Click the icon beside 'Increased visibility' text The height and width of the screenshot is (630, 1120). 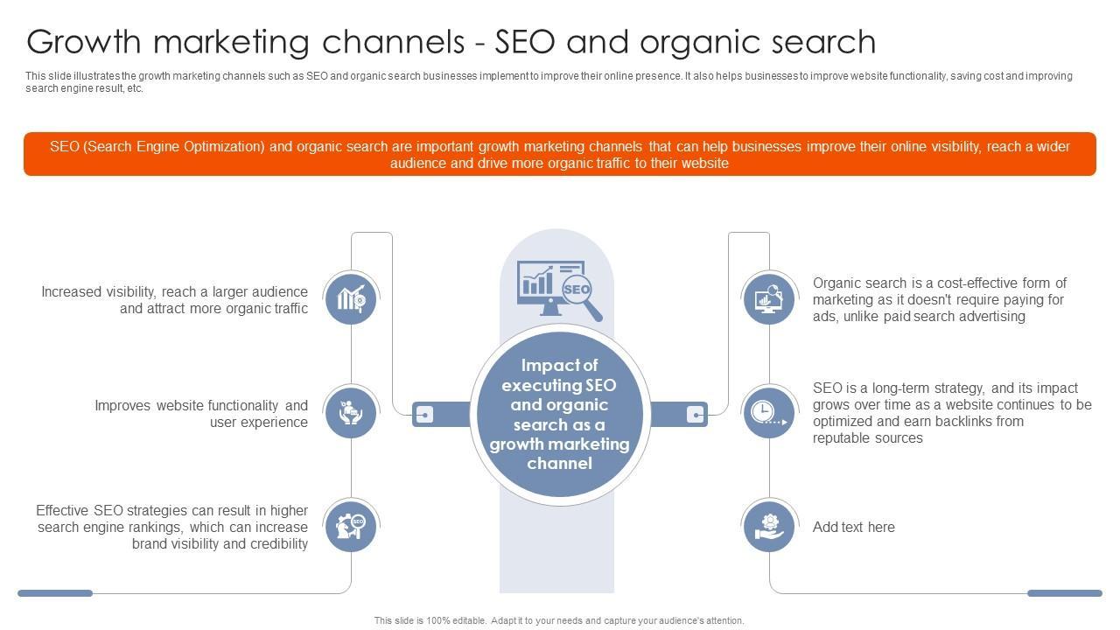coord(351,298)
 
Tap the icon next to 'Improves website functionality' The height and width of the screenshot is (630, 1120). coord(351,412)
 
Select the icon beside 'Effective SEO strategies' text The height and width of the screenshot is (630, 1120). coord(351,526)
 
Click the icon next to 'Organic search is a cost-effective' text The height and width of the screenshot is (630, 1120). coord(769,298)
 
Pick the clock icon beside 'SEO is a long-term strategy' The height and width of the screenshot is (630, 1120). coord(769,412)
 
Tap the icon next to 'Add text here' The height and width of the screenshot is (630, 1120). coord(769,526)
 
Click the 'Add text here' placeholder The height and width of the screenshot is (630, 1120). coord(853,527)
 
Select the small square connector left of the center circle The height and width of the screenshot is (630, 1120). coord(423,414)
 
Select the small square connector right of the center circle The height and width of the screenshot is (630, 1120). coord(696,414)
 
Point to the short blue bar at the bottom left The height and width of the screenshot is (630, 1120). coord(55,593)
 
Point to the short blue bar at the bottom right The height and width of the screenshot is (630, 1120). coord(1064,593)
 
